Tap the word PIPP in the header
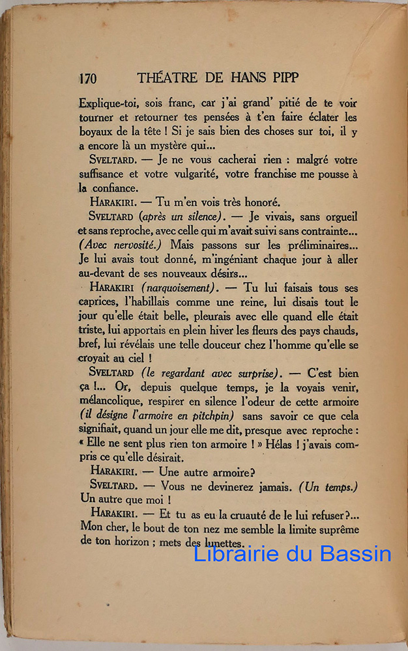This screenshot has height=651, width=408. tap(283, 78)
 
